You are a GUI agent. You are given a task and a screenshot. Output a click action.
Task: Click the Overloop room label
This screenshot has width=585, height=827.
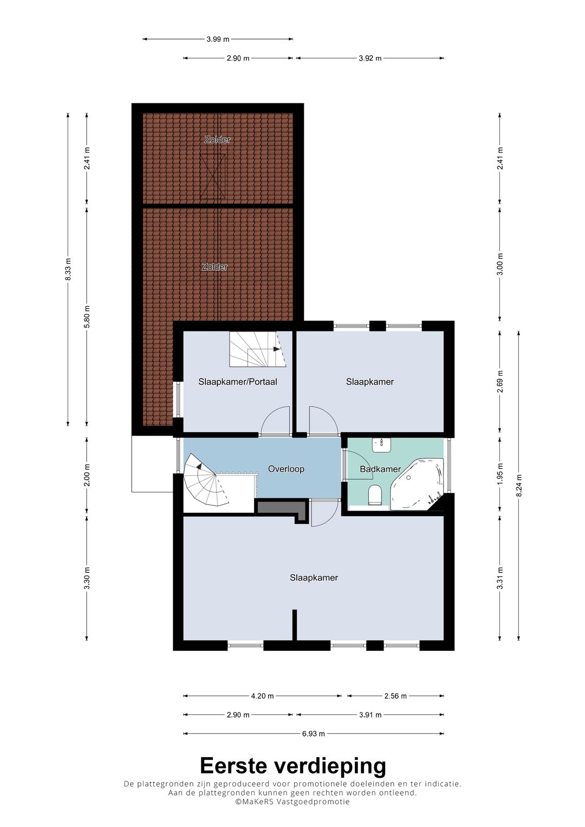[286, 469]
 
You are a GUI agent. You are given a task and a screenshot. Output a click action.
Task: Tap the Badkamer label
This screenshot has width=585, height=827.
[380, 469]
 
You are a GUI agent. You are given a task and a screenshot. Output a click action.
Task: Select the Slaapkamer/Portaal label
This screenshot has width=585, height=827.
[237, 382]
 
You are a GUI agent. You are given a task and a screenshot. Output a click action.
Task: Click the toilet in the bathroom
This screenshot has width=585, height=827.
[374, 495]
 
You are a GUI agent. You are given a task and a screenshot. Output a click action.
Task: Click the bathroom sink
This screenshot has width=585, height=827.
[381, 445]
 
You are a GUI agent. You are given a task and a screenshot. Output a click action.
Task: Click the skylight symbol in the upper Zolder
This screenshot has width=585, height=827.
[212, 177]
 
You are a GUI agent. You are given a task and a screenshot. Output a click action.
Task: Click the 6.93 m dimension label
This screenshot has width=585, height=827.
[314, 734]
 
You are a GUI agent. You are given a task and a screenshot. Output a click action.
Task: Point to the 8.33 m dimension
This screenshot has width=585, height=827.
[68, 269]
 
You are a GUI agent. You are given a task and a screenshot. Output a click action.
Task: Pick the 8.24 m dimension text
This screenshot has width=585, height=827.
[519, 485]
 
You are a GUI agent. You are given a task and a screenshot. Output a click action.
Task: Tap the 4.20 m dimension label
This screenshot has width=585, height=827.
[262, 696]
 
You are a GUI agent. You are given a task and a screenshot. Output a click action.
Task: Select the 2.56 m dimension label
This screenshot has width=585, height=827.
[395, 696]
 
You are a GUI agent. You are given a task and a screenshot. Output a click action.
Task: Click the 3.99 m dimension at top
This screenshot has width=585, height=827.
[218, 39]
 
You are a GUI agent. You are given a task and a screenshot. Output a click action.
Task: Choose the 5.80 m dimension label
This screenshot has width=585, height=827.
[87, 316]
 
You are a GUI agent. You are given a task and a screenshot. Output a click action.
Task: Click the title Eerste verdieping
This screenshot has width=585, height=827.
[292, 766]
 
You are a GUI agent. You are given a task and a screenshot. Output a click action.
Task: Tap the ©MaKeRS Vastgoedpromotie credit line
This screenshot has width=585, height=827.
[292, 802]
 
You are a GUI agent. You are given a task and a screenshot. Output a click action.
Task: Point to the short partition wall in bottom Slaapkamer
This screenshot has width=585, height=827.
[295, 625]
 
